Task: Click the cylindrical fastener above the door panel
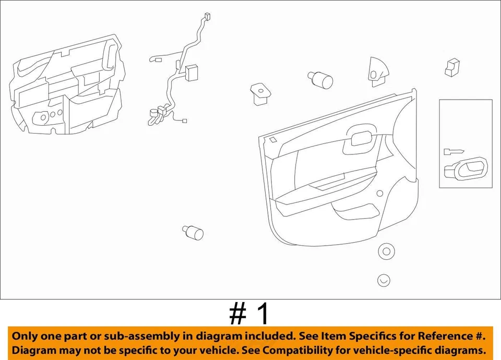pyautogui.click(x=320, y=79)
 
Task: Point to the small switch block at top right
pyautogui.click(x=452, y=67)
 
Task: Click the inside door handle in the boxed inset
pyautogui.click(x=464, y=168)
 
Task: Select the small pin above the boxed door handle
pyautogui.click(x=453, y=151)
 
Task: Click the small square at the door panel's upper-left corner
pyautogui.click(x=273, y=139)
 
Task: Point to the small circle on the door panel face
pyautogui.click(x=379, y=193)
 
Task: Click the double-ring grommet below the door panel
pyautogui.click(x=386, y=251)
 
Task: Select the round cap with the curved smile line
pyautogui.click(x=384, y=280)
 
